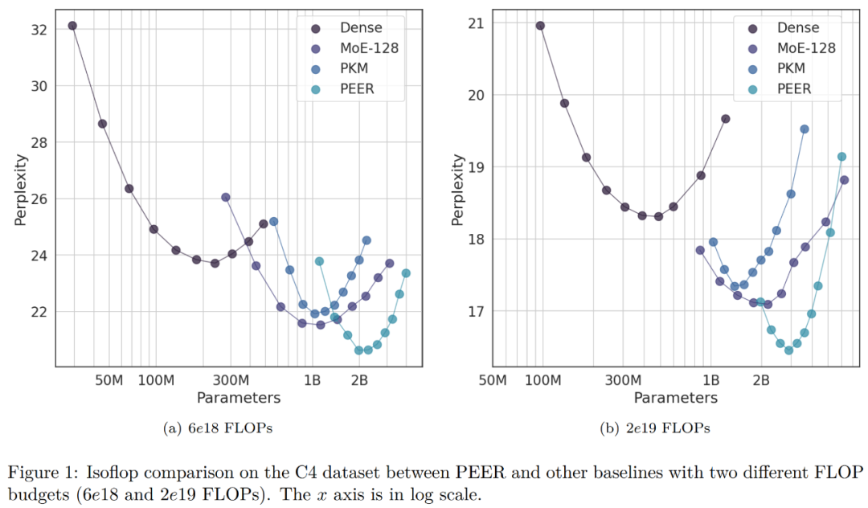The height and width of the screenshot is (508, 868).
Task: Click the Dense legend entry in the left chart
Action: [x=360, y=28]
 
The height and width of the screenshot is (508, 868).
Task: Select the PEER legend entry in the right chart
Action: [x=794, y=89]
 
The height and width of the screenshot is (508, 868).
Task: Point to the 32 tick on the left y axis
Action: [x=37, y=30]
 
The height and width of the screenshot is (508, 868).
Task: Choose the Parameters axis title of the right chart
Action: [x=675, y=398]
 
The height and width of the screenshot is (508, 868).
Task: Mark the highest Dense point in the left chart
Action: [x=72, y=26]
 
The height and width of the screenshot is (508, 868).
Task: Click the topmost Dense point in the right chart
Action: [x=540, y=26]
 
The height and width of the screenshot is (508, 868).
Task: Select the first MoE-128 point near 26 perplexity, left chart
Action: [x=226, y=197]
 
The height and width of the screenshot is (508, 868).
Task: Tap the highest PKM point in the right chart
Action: [x=805, y=129]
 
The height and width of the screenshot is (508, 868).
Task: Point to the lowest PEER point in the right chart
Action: [x=789, y=350]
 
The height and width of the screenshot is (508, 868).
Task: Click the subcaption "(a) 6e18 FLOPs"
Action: [x=218, y=428]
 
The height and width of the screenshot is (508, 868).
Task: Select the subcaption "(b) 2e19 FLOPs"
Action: [x=655, y=428]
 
